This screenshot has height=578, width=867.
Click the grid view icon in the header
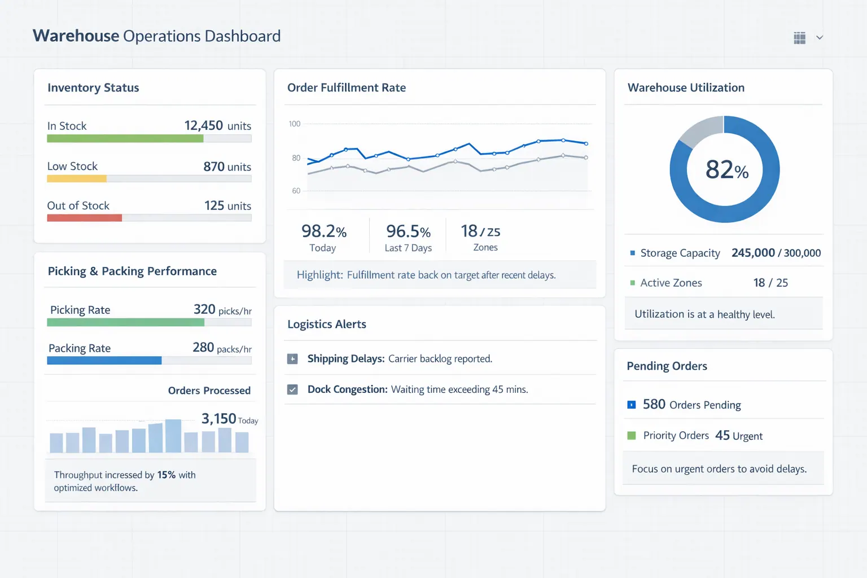pyautogui.click(x=799, y=38)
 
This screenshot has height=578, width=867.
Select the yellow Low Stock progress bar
pyautogui.click(x=77, y=179)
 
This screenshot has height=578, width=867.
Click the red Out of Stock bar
pyautogui.click(x=85, y=218)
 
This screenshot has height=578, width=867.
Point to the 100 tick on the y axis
pyautogui.click(x=295, y=124)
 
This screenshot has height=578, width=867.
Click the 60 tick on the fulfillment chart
pyautogui.click(x=296, y=191)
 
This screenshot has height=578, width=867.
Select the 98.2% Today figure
pyautogui.click(x=323, y=231)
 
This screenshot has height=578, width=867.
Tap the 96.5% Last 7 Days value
pyautogui.click(x=408, y=231)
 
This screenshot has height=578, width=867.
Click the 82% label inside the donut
pyautogui.click(x=726, y=169)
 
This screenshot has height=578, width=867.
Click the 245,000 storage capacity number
pyautogui.click(x=753, y=253)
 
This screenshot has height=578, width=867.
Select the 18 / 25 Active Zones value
pyautogui.click(x=770, y=283)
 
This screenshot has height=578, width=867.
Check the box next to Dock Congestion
pyautogui.click(x=292, y=389)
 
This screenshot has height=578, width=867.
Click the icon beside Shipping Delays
pyautogui.click(x=292, y=359)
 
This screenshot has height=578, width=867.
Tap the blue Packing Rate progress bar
pyautogui.click(x=104, y=361)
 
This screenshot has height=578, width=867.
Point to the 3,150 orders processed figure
pyautogui.click(x=218, y=418)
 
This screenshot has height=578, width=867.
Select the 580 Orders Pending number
pyautogui.click(x=654, y=404)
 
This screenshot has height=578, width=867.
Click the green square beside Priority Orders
pyautogui.click(x=632, y=435)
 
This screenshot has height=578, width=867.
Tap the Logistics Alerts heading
pyautogui.click(x=326, y=324)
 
